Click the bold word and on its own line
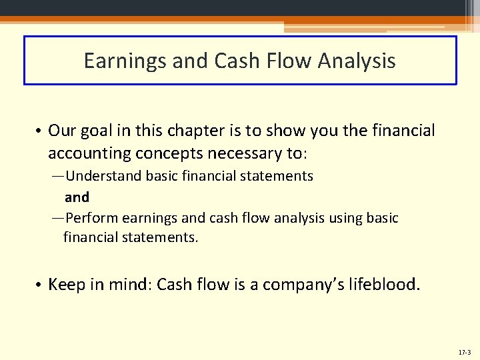click(x=77, y=197)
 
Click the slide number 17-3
click(x=465, y=352)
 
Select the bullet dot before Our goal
click(x=39, y=131)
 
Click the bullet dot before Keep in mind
click(x=39, y=286)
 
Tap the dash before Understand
click(x=59, y=177)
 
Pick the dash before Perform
click(x=59, y=219)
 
